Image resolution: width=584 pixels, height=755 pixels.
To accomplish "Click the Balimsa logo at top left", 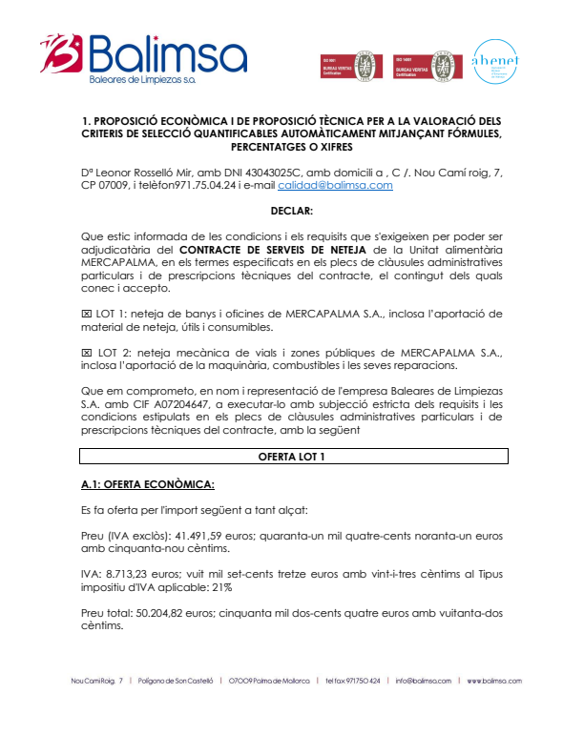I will pos(143,59).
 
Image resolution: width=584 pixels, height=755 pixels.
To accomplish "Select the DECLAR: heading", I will pos(292,210).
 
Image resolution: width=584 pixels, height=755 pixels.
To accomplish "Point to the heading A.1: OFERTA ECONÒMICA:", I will pos(148,484).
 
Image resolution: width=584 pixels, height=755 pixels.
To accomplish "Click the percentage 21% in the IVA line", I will pos(221,589).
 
